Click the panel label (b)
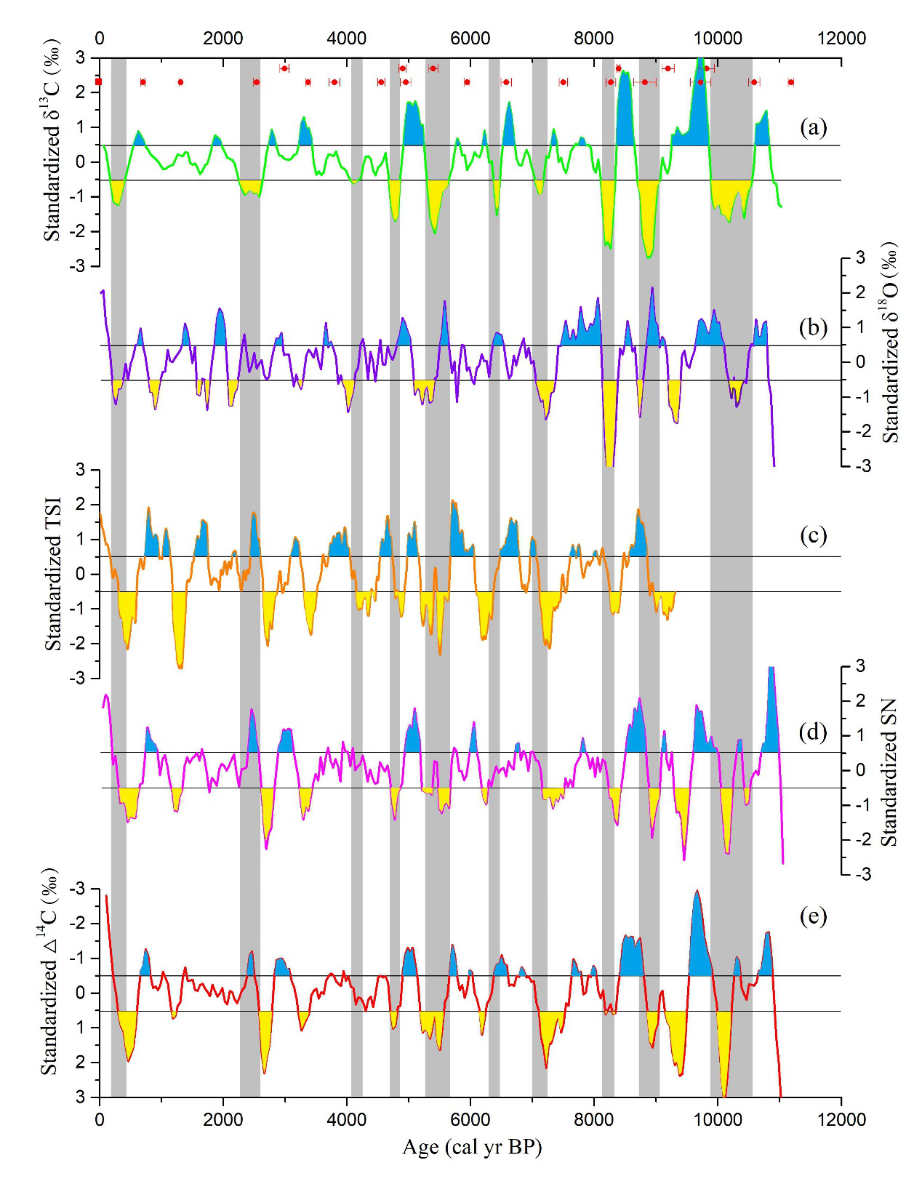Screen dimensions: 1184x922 tap(813, 328)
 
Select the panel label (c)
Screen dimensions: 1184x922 tap(813, 535)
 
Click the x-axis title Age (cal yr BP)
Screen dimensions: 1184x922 tap(472, 1147)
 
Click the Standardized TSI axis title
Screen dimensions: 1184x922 tap(53, 574)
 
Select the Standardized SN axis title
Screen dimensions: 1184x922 tap(889, 772)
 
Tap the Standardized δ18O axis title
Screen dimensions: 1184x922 tap(889, 343)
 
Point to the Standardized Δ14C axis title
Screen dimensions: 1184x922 tap(49, 972)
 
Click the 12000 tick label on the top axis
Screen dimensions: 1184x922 tap(841, 38)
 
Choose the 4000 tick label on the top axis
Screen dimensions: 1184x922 tap(347, 38)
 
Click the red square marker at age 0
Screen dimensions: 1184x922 tap(99, 82)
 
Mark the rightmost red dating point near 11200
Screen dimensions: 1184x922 tap(791, 82)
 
